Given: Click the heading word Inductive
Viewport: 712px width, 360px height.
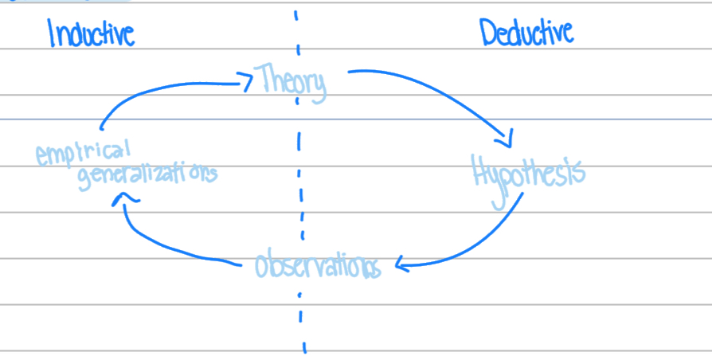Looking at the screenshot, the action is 91,34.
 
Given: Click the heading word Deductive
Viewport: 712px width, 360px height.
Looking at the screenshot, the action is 526,33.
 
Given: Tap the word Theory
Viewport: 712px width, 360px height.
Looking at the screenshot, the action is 290,81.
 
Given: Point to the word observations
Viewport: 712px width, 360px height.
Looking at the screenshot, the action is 317,266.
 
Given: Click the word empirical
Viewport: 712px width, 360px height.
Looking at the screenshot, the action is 83,151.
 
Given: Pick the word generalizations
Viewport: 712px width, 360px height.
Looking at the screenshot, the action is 147,173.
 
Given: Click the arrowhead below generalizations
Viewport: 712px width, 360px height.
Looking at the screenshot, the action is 119,199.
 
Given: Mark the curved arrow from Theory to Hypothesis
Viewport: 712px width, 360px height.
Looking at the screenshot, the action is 446,92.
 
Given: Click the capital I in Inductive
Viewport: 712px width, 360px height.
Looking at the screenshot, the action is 52,33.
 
